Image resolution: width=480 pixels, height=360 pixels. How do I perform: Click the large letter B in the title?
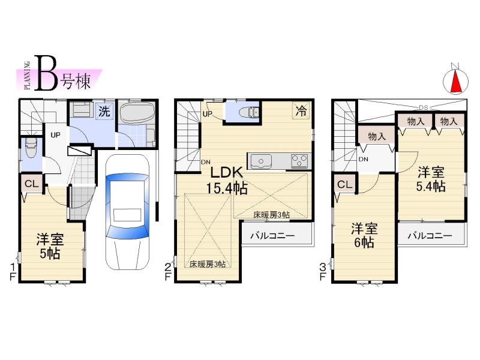(x=47, y=73)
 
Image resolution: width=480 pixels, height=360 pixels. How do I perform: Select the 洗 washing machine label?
(x=104, y=111)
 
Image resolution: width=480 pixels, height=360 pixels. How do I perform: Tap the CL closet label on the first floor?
(x=32, y=184)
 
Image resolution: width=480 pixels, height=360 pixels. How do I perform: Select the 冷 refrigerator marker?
(x=301, y=110)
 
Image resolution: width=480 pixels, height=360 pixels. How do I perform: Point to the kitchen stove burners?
(x=299, y=161)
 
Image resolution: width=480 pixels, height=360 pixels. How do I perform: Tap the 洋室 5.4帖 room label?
(x=431, y=178)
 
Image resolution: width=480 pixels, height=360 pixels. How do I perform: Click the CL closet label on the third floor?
(x=344, y=184)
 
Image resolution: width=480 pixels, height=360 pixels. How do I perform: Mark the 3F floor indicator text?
(x=323, y=271)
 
